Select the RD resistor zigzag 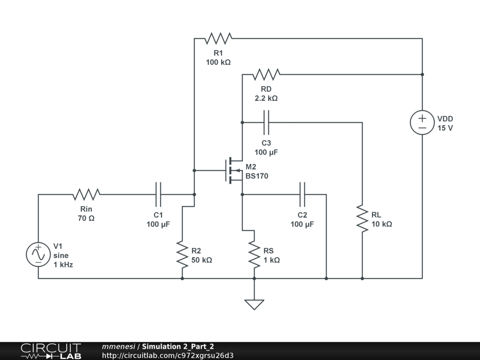point(266,74)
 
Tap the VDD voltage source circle point(422,123)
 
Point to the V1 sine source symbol point(38,255)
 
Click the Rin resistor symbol point(86,194)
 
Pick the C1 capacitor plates point(158,194)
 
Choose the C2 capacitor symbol point(302,194)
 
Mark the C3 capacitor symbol point(266,123)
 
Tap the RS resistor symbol point(255,255)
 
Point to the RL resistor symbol point(362,218)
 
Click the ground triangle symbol point(255,304)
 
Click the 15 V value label point(445,128)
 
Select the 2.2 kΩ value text point(266,98)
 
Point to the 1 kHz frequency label point(63,264)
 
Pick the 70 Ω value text point(86,218)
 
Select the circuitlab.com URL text point(168,355)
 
